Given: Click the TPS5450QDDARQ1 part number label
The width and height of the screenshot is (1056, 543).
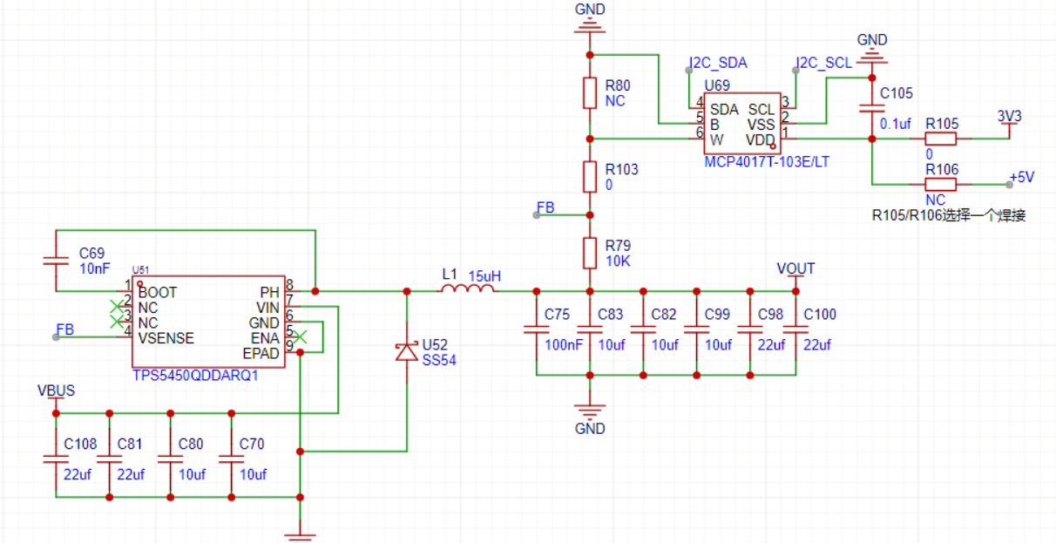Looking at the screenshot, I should pyautogui.click(x=195, y=376).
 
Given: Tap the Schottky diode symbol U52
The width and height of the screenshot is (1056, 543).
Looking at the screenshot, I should pyautogui.click(x=406, y=351).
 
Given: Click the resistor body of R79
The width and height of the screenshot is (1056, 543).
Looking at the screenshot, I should pyautogui.click(x=590, y=254).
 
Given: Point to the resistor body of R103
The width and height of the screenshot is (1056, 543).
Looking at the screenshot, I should pyautogui.click(x=590, y=177).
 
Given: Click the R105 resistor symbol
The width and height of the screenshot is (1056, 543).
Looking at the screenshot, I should pyautogui.click(x=941, y=139).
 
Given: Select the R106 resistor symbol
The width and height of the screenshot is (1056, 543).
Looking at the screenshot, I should pyautogui.click(x=941, y=185).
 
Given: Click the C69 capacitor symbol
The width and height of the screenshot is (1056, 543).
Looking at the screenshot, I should pyautogui.click(x=56, y=261).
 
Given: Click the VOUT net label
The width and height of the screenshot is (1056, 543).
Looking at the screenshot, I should pyautogui.click(x=795, y=268).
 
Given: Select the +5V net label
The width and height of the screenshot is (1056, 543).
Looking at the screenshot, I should pyautogui.click(x=1021, y=177).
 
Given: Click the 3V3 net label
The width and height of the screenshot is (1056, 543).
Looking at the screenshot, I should pyautogui.click(x=1009, y=116).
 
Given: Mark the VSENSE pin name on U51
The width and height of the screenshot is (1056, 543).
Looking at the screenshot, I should pyautogui.click(x=166, y=337).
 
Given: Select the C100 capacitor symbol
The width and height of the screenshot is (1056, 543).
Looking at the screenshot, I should pyautogui.click(x=795, y=330).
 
